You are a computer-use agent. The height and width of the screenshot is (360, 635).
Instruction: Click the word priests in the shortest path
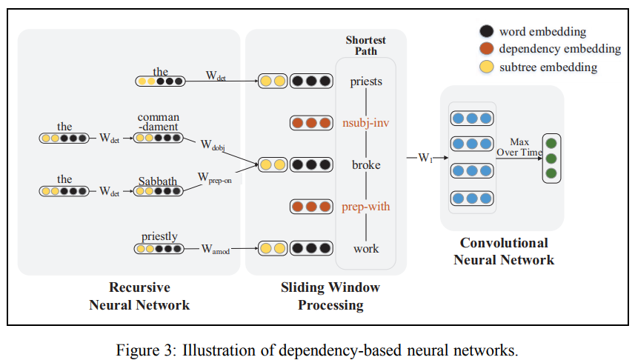pyautogui.click(x=366, y=81)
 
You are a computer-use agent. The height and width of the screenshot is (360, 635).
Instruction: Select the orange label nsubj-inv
pyautogui.click(x=366, y=123)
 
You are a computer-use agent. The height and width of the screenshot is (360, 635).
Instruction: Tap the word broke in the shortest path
pyautogui.click(x=366, y=164)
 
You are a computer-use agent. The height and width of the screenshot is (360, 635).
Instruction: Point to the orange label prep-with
pyautogui.click(x=366, y=207)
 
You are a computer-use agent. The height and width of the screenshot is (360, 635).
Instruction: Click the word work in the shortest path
pyautogui.click(x=366, y=248)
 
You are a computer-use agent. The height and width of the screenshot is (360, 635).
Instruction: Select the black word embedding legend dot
pyautogui.click(x=487, y=32)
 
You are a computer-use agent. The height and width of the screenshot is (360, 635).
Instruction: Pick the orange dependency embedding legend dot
pyautogui.click(x=487, y=50)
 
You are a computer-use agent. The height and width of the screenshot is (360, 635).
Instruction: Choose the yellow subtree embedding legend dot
pyautogui.click(x=487, y=67)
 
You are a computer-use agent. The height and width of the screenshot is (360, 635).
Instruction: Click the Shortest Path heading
pyautogui.click(x=366, y=45)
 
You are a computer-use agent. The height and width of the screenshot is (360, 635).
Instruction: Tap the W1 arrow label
pyautogui.click(x=424, y=157)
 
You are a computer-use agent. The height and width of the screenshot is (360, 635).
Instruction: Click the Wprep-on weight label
pyautogui.click(x=214, y=179)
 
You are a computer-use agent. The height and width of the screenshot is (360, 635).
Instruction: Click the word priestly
pyautogui.click(x=159, y=236)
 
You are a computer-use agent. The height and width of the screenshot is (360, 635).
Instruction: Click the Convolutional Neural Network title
pyautogui.click(x=504, y=251)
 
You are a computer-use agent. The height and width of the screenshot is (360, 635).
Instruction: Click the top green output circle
pyautogui.click(x=551, y=143)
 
